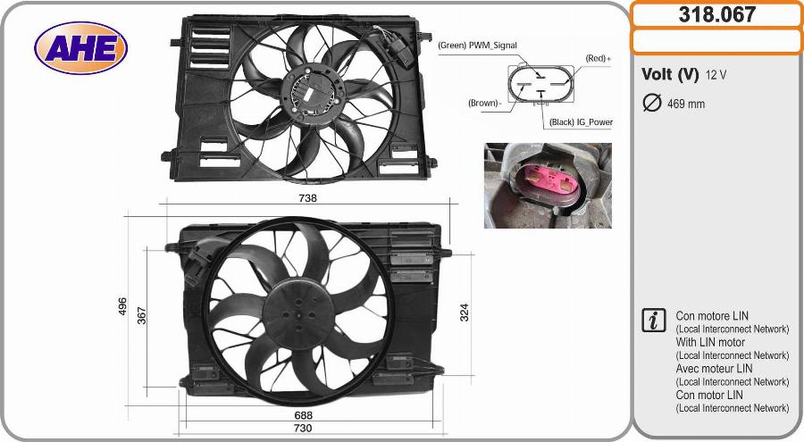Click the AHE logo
[80, 47]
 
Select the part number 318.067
[716, 14]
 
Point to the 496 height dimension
[122, 306]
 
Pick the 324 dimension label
[464, 312]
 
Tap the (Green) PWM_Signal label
[477, 45]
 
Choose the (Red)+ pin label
[598, 58]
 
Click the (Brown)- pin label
[485, 103]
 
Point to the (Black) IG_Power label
[581, 122]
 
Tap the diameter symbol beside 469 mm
[651, 103]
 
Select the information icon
[654, 321]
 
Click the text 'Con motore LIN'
[712, 316]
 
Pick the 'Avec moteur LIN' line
[714, 368]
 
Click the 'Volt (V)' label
[670, 74]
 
